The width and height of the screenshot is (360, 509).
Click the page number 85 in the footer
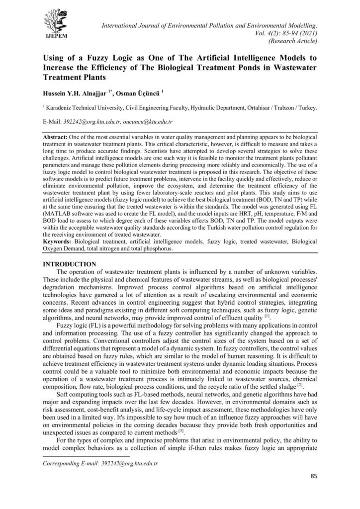point(314,476)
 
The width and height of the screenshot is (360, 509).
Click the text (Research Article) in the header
point(293,42)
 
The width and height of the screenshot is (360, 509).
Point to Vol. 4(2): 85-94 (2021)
point(289,33)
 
